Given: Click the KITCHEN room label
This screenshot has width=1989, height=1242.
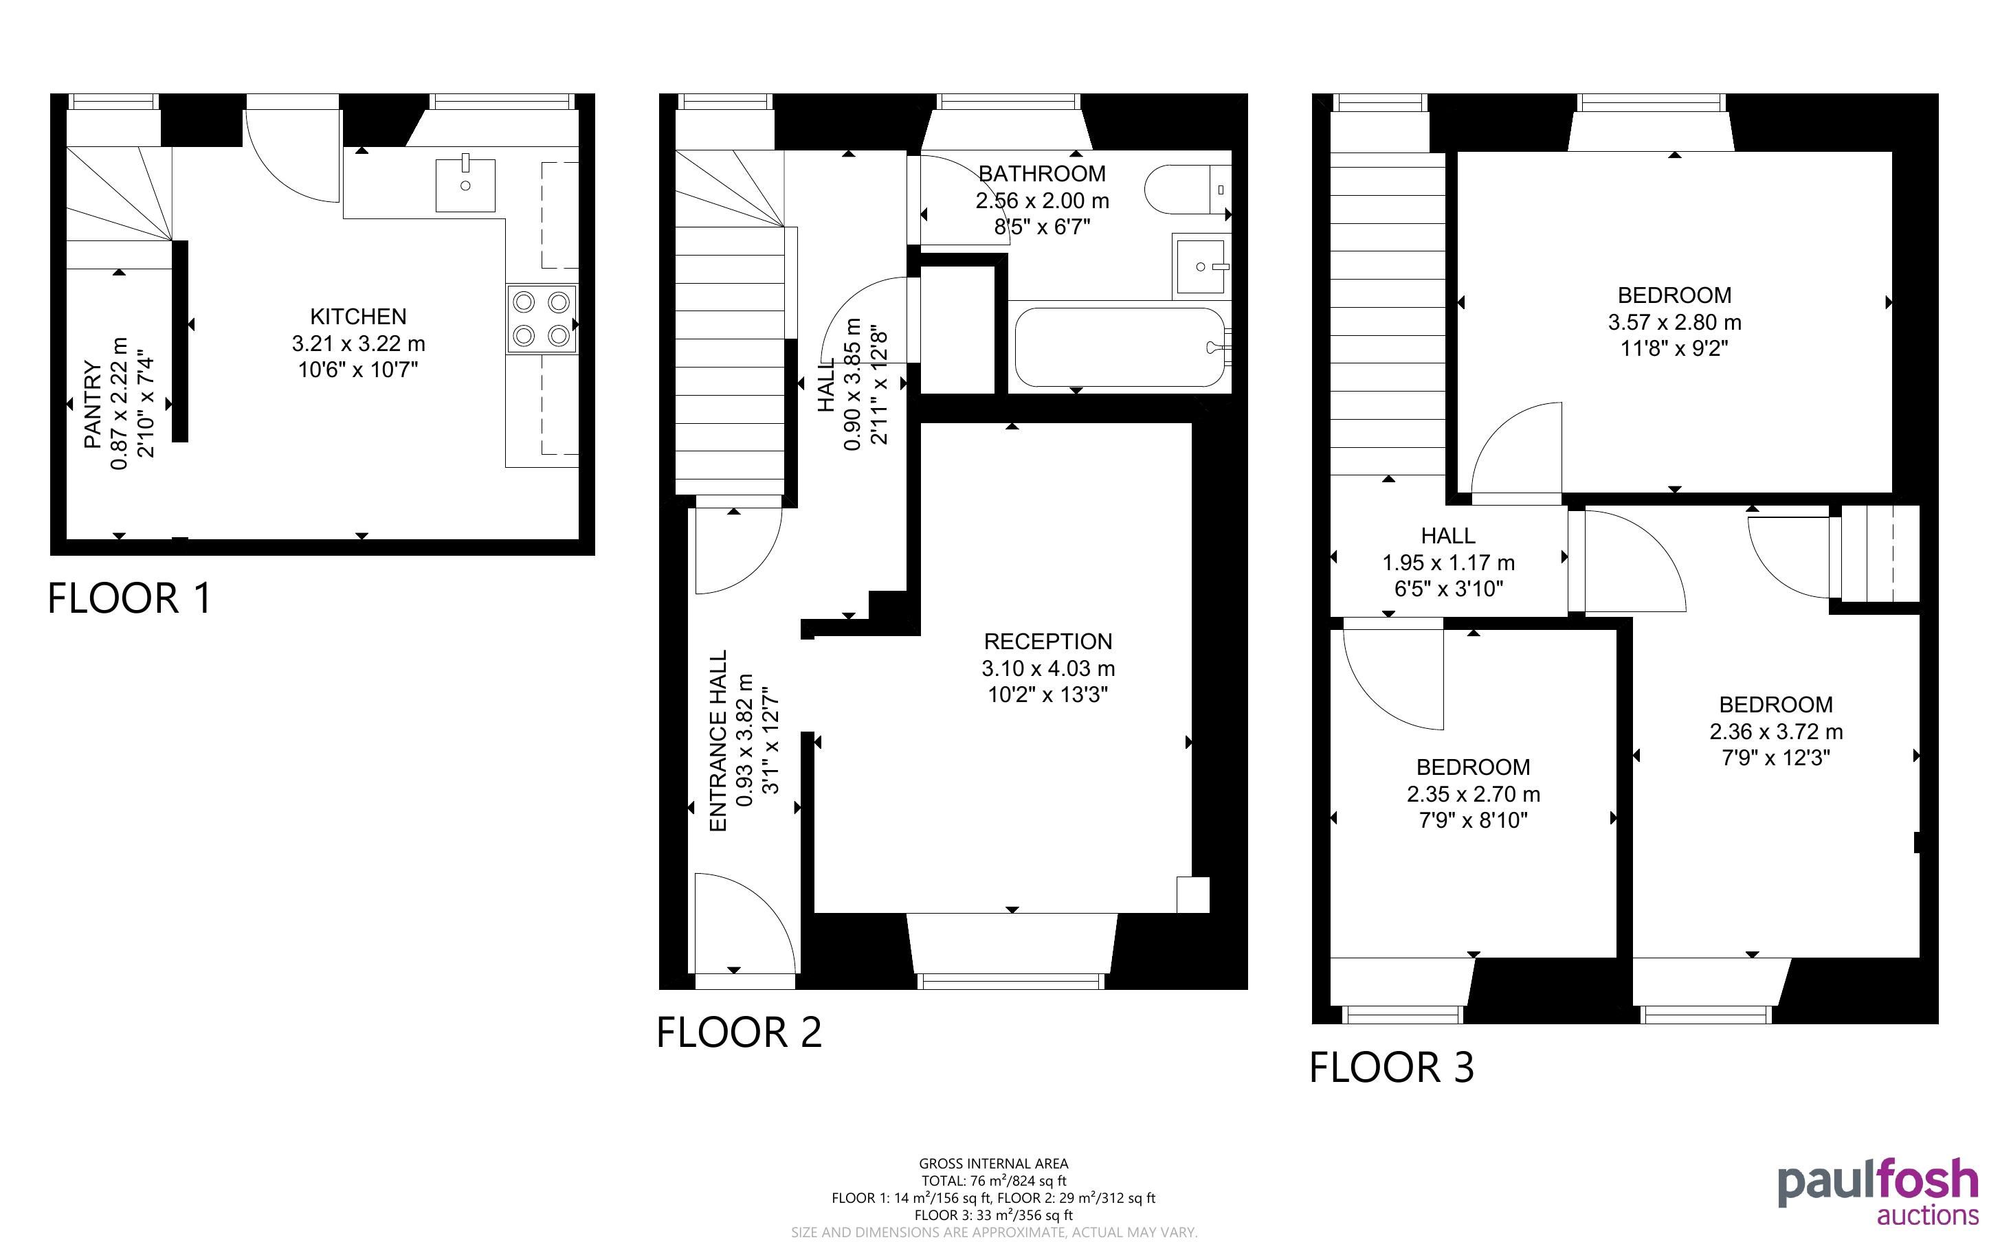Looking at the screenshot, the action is pyautogui.click(x=358, y=316).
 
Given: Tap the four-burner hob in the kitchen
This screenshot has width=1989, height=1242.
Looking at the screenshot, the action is pyautogui.click(x=542, y=319).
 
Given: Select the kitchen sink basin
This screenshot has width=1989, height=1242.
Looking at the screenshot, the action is pyautogui.click(x=465, y=184).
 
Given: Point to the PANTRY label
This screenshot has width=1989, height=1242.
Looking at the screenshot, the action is pyautogui.click(x=93, y=405).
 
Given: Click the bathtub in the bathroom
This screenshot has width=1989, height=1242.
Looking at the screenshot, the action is pyautogui.click(x=1119, y=347).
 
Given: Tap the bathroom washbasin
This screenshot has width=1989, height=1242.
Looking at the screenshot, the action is pyautogui.click(x=1201, y=266).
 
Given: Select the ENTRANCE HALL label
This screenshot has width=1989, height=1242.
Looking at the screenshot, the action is pyautogui.click(x=718, y=741).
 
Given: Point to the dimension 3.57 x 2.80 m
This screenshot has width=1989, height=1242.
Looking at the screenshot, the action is pyautogui.click(x=1674, y=322).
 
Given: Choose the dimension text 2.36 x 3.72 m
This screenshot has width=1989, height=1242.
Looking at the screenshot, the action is pyautogui.click(x=1776, y=731).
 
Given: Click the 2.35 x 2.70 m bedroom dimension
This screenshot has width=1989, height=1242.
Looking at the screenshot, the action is pyautogui.click(x=1473, y=794).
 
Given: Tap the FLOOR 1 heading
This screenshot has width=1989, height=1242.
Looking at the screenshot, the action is pyautogui.click(x=130, y=598).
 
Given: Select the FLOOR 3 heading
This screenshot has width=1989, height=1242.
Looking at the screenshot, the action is pyautogui.click(x=1392, y=1067).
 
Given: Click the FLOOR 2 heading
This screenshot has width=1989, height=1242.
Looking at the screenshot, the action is pyautogui.click(x=740, y=1032).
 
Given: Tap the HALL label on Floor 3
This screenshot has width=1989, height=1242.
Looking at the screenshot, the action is pyautogui.click(x=1447, y=536).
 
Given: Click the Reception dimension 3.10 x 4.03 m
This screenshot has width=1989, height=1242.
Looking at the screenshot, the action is pyautogui.click(x=1048, y=668).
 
